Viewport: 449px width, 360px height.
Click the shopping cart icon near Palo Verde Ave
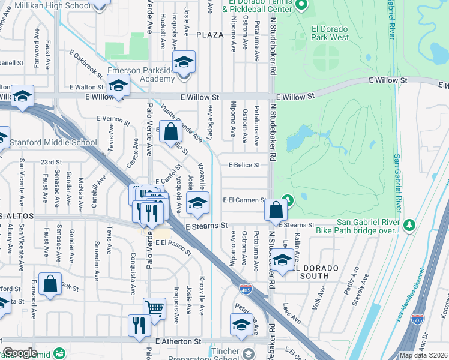[x=155, y=308]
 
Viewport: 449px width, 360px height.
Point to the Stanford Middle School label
[x=54, y=143]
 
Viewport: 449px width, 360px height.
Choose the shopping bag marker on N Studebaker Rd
[x=276, y=210]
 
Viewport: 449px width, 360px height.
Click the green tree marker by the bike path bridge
[x=411, y=224]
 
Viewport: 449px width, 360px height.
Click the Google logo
[x=20, y=353]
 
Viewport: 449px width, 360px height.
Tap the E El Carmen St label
[x=244, y=200]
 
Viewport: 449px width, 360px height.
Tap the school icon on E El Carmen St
[x=197, y=203]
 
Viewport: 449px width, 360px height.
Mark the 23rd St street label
[x=51, y=162]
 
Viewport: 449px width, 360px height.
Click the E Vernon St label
[x=113, y=121]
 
